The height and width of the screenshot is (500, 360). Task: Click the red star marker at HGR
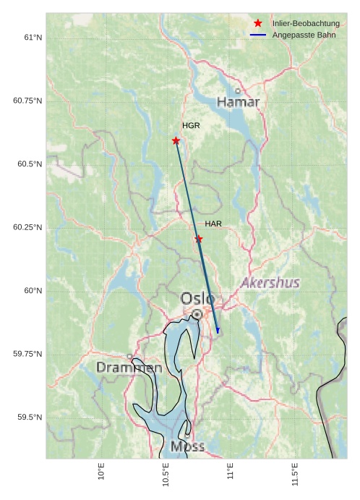pos(176,140)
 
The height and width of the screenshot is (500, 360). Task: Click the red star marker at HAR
pos(199,239)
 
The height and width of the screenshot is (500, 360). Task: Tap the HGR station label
pos(191,125)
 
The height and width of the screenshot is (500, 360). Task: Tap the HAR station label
pos(213,224)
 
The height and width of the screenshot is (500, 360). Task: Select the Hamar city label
pos(238,102)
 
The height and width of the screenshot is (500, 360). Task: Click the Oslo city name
pos(197,298)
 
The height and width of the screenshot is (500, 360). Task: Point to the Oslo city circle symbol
pos(197,314)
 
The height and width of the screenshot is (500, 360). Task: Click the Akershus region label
pos(270,282)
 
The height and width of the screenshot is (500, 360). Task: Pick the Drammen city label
pos(129,368)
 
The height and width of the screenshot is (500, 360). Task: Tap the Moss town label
pos(187,446)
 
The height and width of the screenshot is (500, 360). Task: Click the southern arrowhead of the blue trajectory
pos(218,331)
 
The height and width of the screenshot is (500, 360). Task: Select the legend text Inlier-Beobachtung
pos(306,23)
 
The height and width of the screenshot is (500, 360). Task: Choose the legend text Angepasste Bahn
pos(301,35)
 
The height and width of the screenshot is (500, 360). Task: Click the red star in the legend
pos(258,23)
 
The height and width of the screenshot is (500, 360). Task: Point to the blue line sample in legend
pos(258,35)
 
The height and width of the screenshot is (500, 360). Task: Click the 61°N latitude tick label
pos(33,37)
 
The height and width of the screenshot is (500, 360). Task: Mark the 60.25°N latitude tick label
pos(28,227)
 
